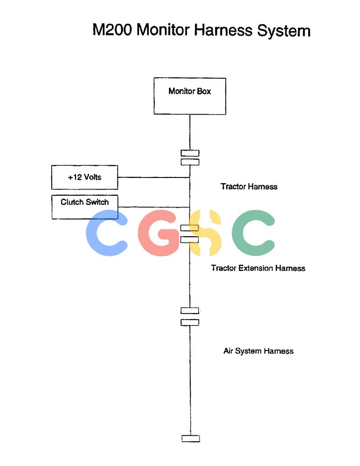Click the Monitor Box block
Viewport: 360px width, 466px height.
(x=190, y=96)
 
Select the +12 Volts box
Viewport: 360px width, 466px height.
(x=84, y=178)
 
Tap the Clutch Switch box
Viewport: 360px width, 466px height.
(x=84, y=207)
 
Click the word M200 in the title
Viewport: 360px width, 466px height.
(x=112, y=30)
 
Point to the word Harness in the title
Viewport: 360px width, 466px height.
(x=223, y=30)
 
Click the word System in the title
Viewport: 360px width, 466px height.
(x=284, y=31)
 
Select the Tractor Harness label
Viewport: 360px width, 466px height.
(x=249, y=187)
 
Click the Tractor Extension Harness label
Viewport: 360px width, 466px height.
(x=258, y=268)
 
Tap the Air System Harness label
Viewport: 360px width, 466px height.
(x=258, y=351)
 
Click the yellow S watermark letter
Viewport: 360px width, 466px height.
(x=205, y=233)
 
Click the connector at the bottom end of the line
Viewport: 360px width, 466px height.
(x=191, y=439)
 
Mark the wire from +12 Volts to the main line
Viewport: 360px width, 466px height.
(x=154, y=178)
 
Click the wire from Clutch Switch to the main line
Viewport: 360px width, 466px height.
(x=154, y=207)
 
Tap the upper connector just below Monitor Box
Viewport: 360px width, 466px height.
(x=190, y=153)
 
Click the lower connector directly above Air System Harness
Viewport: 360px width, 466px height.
(x=190, y=322)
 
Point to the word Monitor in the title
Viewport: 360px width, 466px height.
(x=163, y=30)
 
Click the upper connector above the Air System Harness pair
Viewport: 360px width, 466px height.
(x=190, y=310)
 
